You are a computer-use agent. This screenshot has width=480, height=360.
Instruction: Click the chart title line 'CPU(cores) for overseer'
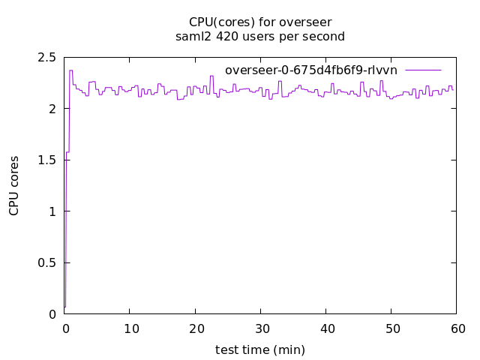259,22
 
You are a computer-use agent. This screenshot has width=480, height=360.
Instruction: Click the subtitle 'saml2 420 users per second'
259,35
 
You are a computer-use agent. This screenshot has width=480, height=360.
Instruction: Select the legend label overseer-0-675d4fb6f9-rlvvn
311,70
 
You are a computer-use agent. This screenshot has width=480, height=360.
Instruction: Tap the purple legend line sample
424,70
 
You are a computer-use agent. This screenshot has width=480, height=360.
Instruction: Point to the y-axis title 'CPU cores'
14,186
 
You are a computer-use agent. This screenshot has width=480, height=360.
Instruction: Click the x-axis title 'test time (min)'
259,349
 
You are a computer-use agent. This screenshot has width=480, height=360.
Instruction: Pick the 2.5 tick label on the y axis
47,58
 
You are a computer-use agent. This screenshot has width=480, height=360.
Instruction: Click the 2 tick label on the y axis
52,109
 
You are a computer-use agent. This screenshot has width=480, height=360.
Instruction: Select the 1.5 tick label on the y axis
47,160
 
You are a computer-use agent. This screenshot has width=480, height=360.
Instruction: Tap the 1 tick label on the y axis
52,211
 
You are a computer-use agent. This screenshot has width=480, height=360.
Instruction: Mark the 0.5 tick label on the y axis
47,263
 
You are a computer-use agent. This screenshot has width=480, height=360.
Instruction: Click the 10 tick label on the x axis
130,328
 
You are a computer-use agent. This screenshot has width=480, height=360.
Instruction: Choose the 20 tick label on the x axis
195,328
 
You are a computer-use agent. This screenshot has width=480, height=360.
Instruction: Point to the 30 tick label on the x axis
260,328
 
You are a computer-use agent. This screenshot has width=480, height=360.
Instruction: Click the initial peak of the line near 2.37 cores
70,70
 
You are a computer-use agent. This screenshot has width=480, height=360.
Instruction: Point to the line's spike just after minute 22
211,76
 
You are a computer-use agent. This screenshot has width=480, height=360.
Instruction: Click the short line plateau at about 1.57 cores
67,152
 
